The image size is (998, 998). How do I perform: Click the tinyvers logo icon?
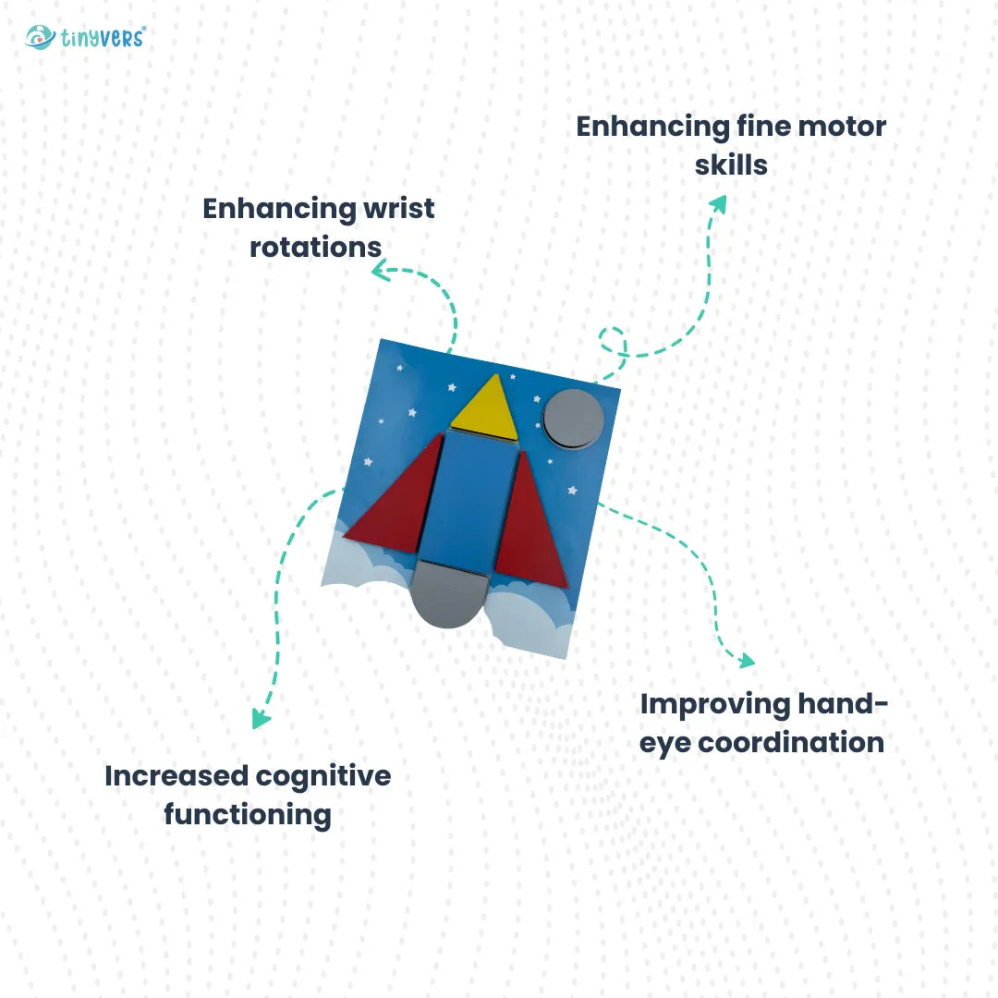click(x=40, y=38)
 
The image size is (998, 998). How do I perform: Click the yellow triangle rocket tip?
click(x=486, y=409)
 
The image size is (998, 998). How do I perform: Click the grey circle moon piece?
click(x=574, y=419)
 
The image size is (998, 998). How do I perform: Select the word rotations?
click(x=316, y=247)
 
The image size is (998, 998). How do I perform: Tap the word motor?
click(x=836, y=127)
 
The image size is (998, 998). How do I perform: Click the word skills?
click(x=731, y=164)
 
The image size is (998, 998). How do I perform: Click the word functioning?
click(x=248, y=814)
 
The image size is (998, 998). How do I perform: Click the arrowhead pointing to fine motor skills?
click(x=718, y=202)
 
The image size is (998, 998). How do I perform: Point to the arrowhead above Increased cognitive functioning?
click(x=262, y=719)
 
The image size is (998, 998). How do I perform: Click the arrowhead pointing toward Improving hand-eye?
click(x=745, y=660)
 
